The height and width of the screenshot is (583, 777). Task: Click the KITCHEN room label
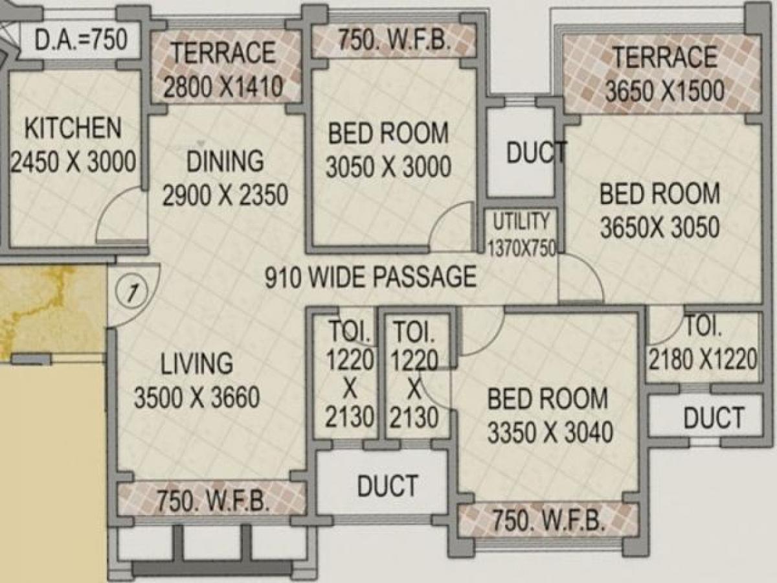(x=73, y=128)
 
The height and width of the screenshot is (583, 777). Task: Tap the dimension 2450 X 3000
(x=73, y=161)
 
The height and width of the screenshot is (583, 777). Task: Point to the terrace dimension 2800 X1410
(x=223, y=86)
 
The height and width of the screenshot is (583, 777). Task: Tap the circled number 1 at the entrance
(x=131, y=293)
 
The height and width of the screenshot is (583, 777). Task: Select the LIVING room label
(x=196, y=363)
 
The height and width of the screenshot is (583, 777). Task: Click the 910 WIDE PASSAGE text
(x=370, y=277)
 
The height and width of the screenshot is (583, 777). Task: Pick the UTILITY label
(x=521, y=221)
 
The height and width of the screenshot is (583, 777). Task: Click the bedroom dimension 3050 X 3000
(x=388, y=167)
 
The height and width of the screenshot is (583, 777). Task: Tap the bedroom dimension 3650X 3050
(x=659, y=227)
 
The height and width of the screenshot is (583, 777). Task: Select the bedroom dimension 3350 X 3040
(x=550, y=431)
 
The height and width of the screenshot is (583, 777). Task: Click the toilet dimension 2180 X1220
(x=703, y=360)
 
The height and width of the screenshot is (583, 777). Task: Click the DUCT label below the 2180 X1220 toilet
(x=713, y=418)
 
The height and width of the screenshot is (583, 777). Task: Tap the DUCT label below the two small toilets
(x=387, y=485)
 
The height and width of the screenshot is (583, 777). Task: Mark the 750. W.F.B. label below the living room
(x=212, y=502)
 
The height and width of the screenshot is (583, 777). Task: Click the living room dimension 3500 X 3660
(x=196, y=398)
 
